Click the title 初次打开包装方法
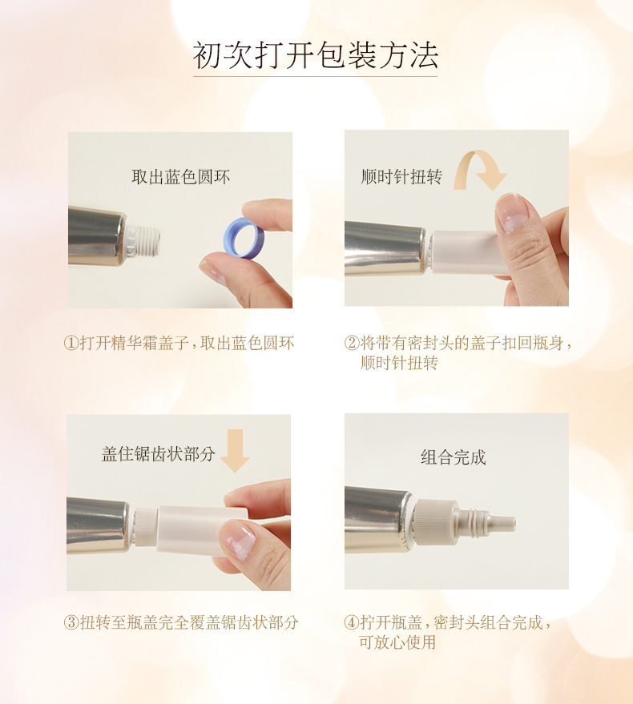(316, 56)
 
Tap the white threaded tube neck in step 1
(143, 241)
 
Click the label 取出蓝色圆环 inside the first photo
(180, 177)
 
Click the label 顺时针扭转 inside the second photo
(401, 177)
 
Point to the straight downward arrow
(235, 451)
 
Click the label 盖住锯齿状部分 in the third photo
(158, 454)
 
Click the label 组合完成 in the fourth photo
(454, 457)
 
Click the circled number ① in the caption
(71, 344)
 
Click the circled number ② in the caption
(352, 344)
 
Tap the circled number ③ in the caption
(71, 623)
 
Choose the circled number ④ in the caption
(352, 623)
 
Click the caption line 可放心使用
(397, 642)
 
